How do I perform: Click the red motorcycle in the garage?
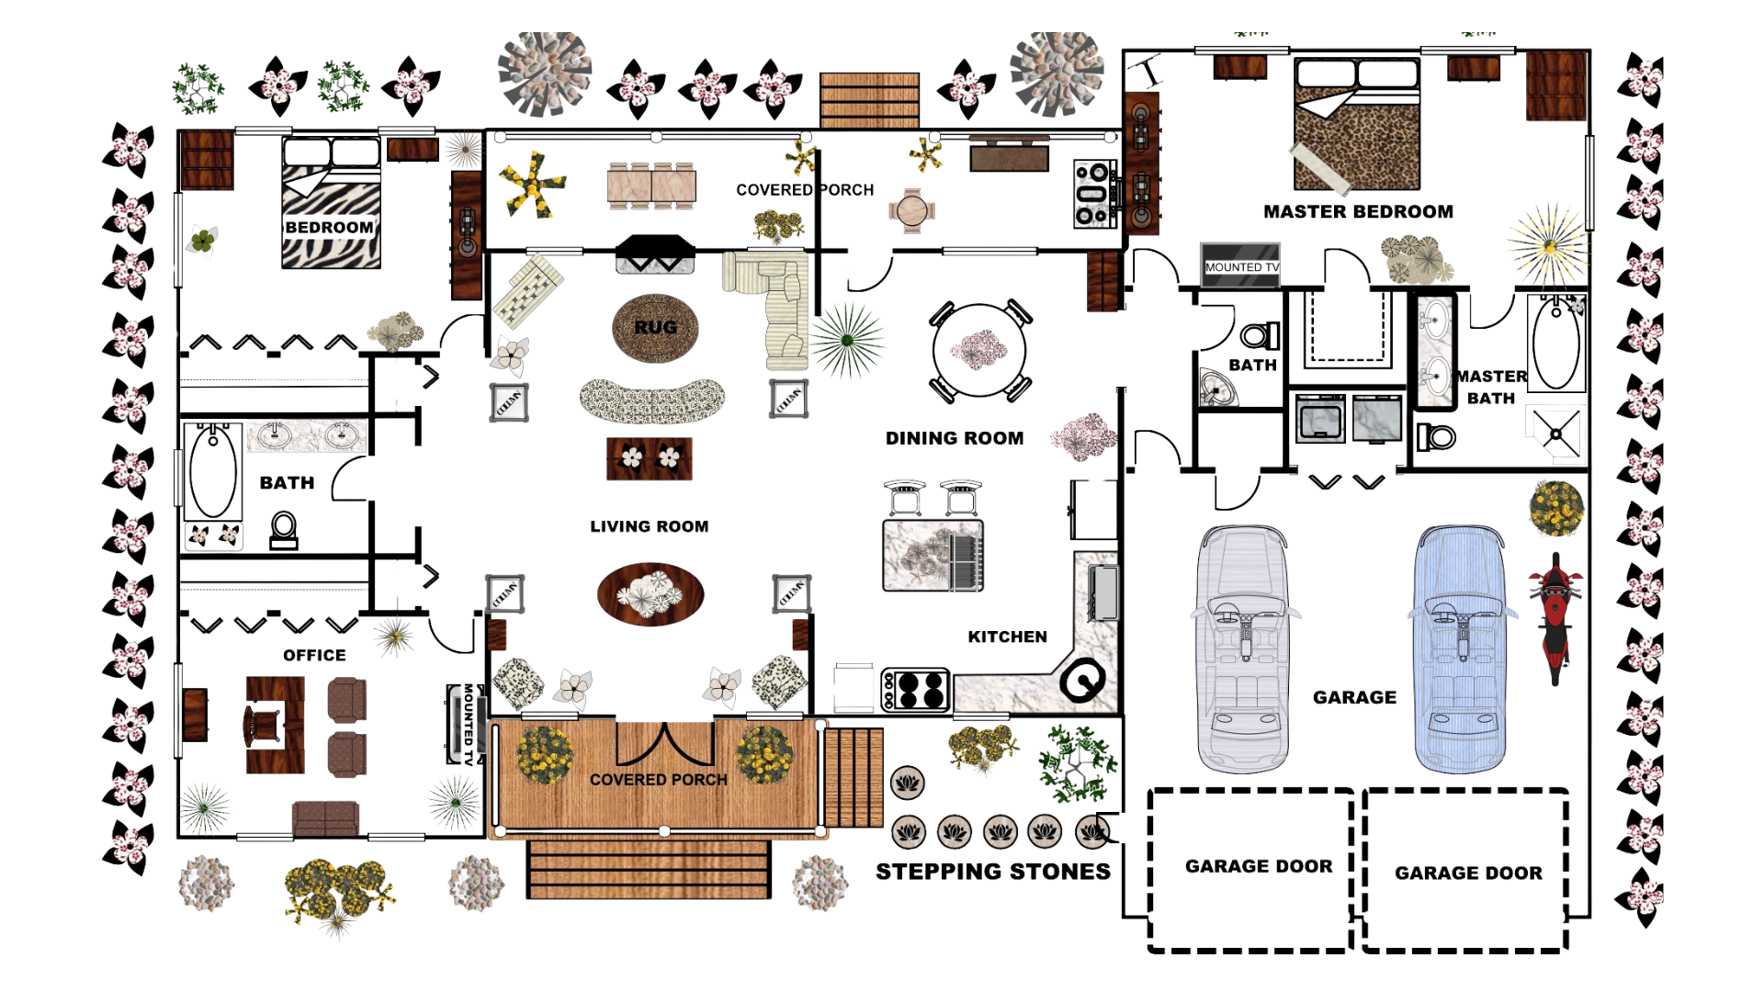tap(1555, 617)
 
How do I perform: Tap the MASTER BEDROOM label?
tap(1357, 212)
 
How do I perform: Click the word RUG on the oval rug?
tap(655, 327)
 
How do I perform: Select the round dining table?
tap(979, 350)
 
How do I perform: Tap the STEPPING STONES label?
tap(992, 872)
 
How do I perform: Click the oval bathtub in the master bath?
tap(1555, 344)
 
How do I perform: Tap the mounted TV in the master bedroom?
tap(1240, 265)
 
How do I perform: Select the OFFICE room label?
tap(314, 655)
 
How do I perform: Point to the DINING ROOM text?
tap(954, 438)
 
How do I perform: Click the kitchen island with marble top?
tap(933, 556)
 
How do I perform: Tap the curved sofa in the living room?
tap(652, 400)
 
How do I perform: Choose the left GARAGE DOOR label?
tap(1258, 866)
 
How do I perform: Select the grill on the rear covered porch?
tap(1093, 194)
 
